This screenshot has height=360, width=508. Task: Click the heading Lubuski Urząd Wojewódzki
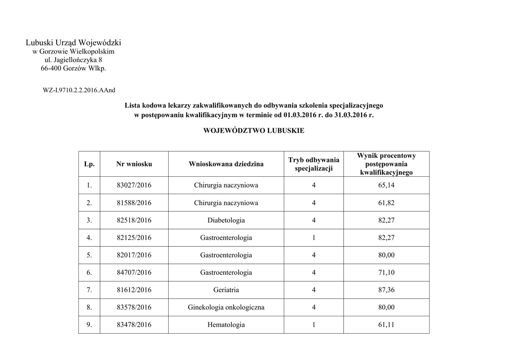tap(73, 43)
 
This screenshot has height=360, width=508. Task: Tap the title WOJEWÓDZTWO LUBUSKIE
tap(254, 131)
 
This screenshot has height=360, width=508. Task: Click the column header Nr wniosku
tap(134, 164)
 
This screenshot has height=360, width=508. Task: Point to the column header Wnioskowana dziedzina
tap(226, 164)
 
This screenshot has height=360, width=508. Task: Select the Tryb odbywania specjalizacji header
tap(314, 164)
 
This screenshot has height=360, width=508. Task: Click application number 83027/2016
tap(134, 185)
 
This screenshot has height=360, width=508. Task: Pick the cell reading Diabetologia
tap(226, 220)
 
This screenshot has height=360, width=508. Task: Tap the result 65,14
tap(386, 185)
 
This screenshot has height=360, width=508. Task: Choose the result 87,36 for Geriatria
tap(386, 290)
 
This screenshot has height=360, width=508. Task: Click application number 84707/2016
tap(134, 273)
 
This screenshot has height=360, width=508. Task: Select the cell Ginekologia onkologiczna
tap(226, 307)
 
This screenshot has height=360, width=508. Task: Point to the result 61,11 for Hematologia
tap(386, 325)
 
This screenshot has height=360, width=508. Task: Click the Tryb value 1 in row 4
tap(314, 238)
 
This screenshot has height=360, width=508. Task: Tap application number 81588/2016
tap(134, 203)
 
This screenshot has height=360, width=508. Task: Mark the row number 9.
tap(89, 325)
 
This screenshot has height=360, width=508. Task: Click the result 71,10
tap(386, 273)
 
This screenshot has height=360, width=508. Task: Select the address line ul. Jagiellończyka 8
tap(73, 60)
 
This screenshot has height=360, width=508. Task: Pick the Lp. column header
tap(89, 164)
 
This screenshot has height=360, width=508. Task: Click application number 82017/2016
tap(134, 255)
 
